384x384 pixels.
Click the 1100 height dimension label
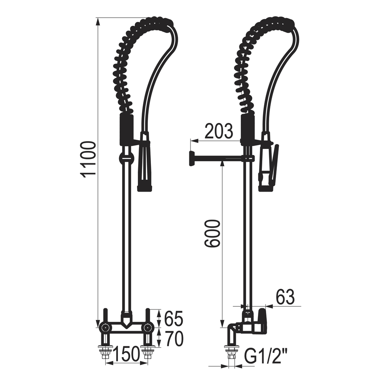pyautogui.click(x=88, y=159)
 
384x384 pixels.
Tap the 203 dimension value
pyautogui.click(x=219, y=131)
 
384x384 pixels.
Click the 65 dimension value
pyautogui.click(x=174, y=319)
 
